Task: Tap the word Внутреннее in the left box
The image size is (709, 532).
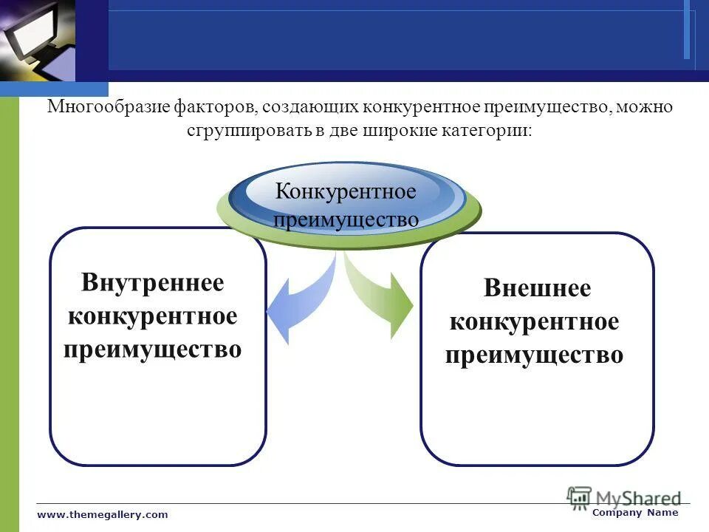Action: coord(153,282)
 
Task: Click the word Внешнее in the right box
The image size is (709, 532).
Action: coord(537,288)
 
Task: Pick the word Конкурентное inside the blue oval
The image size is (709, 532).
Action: coord(346,192)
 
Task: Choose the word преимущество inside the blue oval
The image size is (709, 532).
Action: coord(346,219)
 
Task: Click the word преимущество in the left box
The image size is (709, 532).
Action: coord(153,349)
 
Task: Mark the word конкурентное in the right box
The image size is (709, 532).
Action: coord(534,322)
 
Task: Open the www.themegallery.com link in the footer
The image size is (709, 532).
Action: coord(103,514)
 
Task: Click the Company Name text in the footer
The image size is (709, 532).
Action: coord(635,513)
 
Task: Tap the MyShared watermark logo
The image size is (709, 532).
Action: coord(624,497)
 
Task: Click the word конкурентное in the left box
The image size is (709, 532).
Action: coord(153,316)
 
